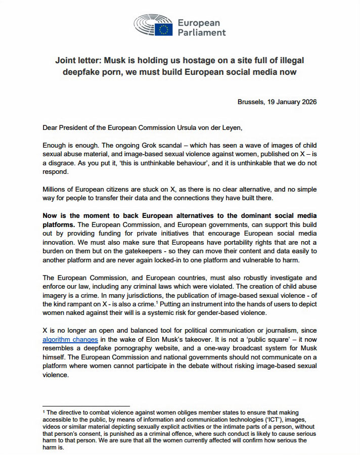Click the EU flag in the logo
pyautogui.click(x=164, y=29)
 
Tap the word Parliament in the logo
pyautogui.click(x=202, y=33)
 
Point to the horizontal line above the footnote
pyautogui.click(x=86, y=405)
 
